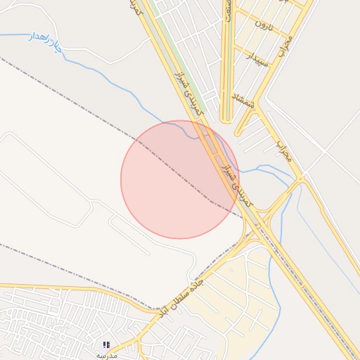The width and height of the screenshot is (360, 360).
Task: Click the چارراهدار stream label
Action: coord(45,41)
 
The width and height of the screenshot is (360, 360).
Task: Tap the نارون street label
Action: coord(264,26)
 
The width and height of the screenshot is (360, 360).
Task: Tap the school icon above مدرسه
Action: coord(106,345)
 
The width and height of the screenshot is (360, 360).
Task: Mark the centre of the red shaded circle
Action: coord(180,179)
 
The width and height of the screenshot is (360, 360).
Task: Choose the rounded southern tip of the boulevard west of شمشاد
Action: coord(226,121)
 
